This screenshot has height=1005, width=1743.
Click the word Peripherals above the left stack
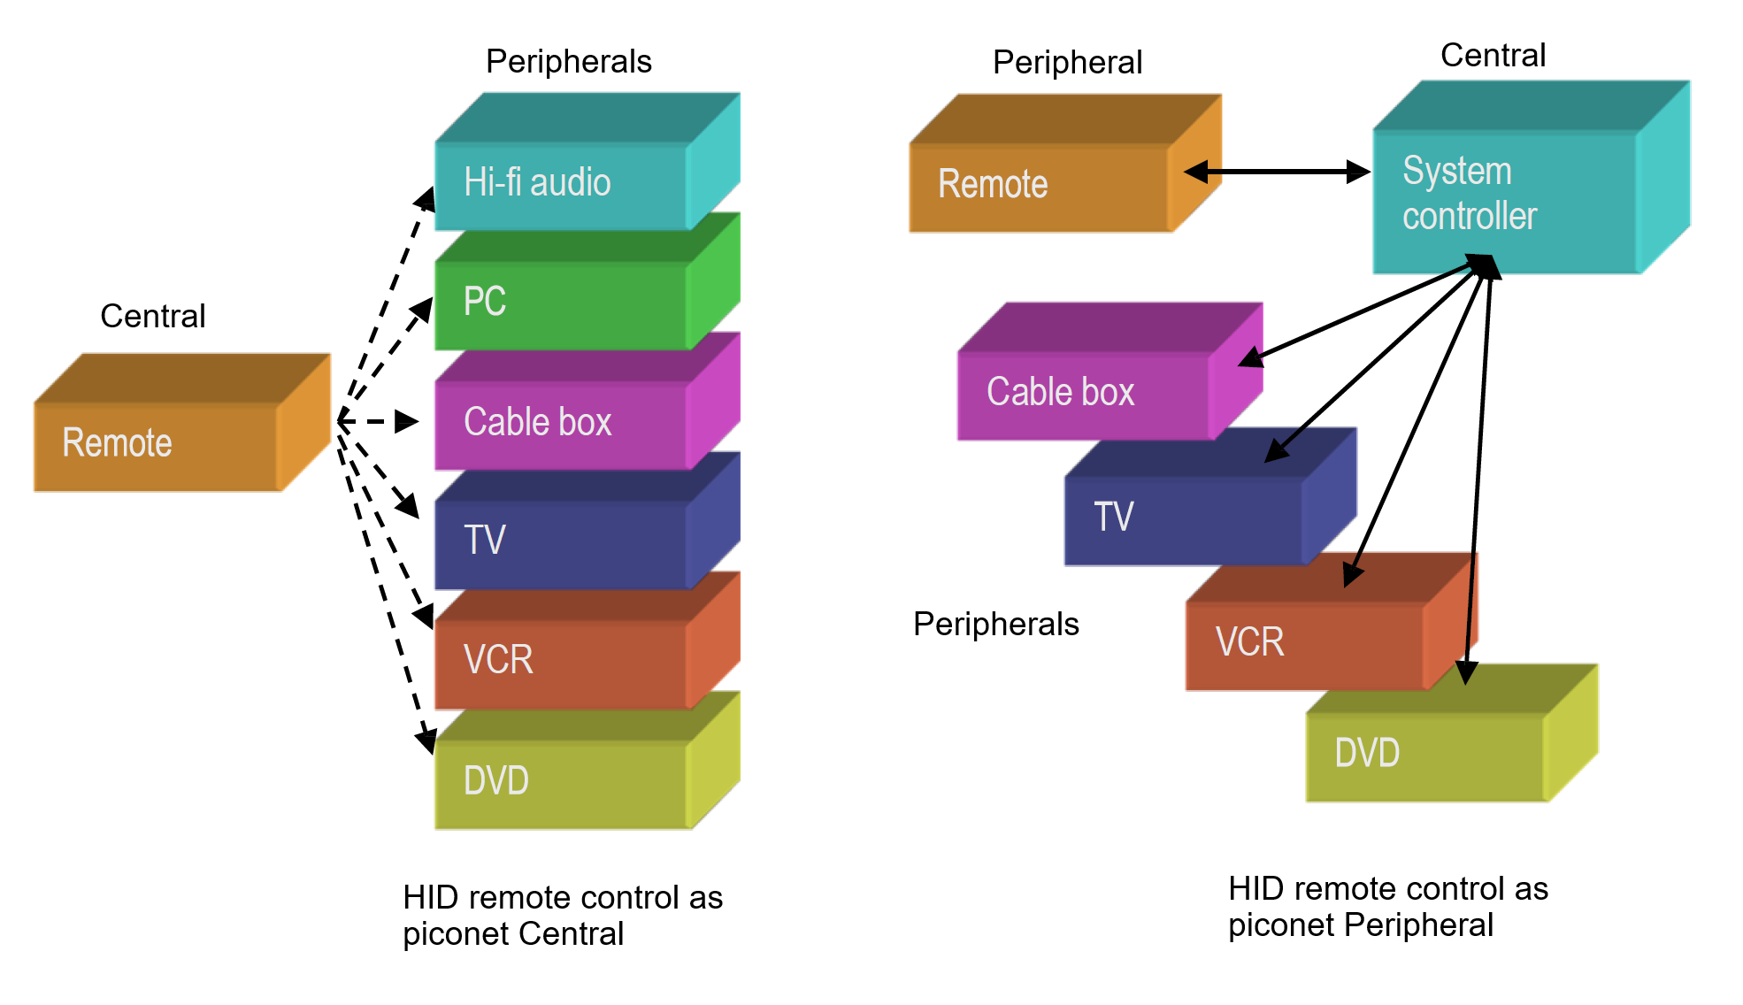pos(568,62)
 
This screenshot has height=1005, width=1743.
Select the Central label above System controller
pos(1493,56)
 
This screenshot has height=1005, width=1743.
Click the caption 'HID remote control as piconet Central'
pos(562,915)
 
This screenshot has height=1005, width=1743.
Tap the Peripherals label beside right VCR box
pos(995,625)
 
